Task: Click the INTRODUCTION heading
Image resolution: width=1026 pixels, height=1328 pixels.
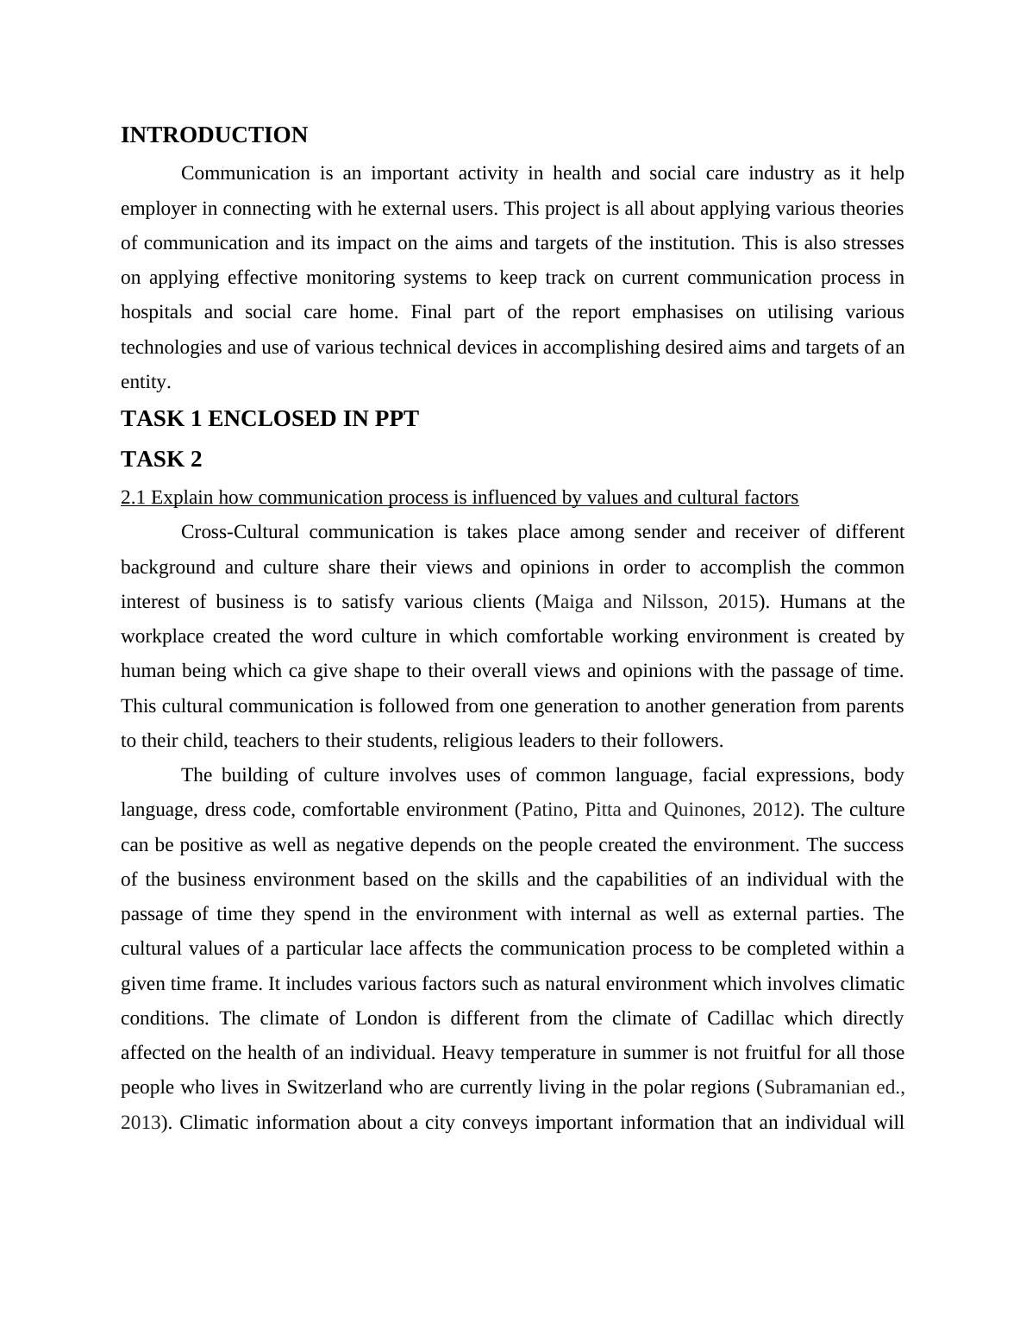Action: (214, 135)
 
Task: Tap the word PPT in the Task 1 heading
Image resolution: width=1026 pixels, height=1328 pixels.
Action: (397, 419)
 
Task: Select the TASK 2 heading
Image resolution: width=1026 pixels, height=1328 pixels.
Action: (161, 459)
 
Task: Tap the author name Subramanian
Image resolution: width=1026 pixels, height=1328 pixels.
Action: (816, 1087)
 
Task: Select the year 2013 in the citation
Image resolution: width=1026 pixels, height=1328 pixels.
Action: (140, 1123)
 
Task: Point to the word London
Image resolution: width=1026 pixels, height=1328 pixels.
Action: (385, 1018)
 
